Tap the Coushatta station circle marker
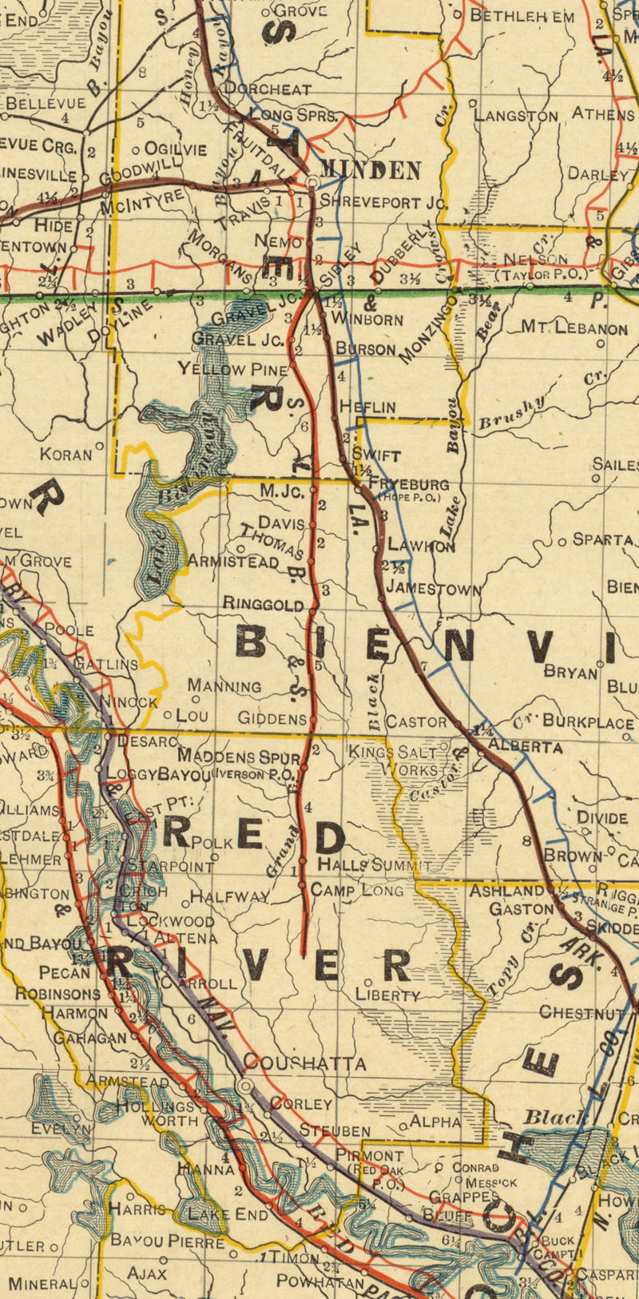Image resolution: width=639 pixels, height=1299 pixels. tap(246, 1086)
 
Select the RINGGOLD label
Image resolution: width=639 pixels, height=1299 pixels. tap(264, 605)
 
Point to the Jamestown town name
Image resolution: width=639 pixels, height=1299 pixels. tap(434, 590)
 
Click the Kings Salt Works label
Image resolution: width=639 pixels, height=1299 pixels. tap(395, 761)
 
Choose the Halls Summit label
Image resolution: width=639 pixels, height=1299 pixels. tap(374, 864)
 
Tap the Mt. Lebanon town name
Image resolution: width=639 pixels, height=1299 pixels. tap(574, 327)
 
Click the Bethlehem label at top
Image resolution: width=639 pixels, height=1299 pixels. tap(522, 15)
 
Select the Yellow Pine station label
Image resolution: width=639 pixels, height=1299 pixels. tap(232, 369)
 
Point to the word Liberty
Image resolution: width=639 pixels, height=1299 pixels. tap(388, 995)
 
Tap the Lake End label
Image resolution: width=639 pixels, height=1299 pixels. tap(228, 1214)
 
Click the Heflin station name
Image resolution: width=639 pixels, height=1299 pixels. tap(367, 407)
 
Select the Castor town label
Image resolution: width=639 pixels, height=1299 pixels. tap(416, 721)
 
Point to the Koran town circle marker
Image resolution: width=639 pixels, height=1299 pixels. tap(100, 446)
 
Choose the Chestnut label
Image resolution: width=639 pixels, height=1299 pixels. tap(581, 1012)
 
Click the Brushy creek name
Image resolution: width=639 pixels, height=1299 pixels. tap(511, 413)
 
